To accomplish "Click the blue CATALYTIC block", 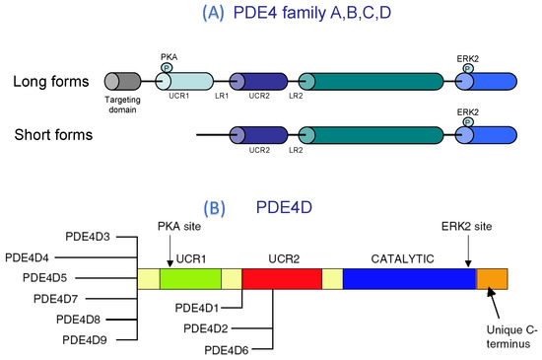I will click(x=408, y=279).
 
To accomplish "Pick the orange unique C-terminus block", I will click(x=492, y=279).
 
